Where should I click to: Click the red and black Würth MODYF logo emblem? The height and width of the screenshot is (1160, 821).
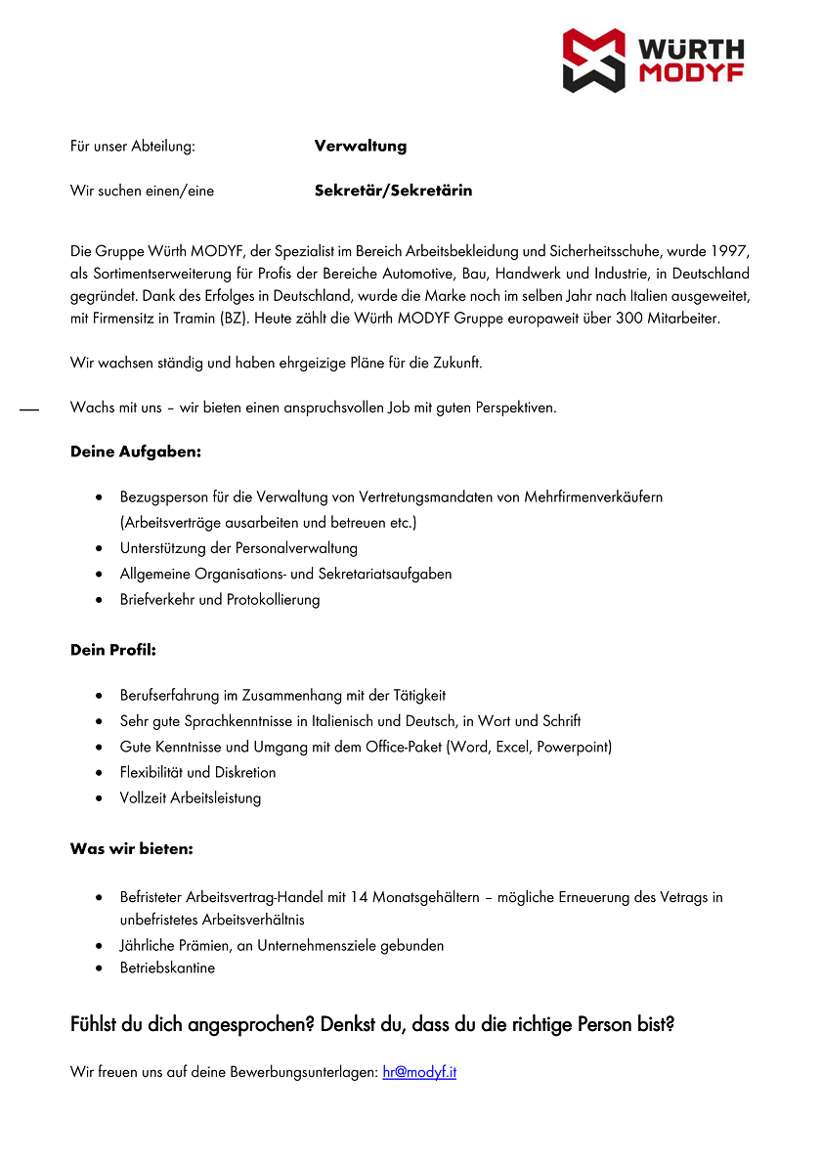click(593, 61)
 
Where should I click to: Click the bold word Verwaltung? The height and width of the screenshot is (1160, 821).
click(360, 147)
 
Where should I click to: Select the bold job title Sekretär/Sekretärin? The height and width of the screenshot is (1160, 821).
click(393, 191)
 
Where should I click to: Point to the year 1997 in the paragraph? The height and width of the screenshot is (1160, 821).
click(730, 252)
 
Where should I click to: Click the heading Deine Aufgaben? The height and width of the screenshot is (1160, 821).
click(136, 451)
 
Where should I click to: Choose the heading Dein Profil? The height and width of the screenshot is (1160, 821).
click(113, 650)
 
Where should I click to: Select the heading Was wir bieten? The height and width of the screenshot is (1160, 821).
click(132, 849)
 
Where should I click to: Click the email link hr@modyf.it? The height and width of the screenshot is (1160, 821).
click(419, 1072)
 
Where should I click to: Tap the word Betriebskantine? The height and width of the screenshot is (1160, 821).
click(167, 968)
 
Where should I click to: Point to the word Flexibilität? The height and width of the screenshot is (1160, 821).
click(151, 772)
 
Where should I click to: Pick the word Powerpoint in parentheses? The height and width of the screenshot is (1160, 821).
click(572, 747)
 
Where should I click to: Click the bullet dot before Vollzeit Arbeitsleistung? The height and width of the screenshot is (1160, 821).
click(101, 798)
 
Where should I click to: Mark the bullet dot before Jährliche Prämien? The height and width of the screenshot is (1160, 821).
click(101, 946)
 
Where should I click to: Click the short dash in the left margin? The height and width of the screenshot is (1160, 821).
click(28, 409)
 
